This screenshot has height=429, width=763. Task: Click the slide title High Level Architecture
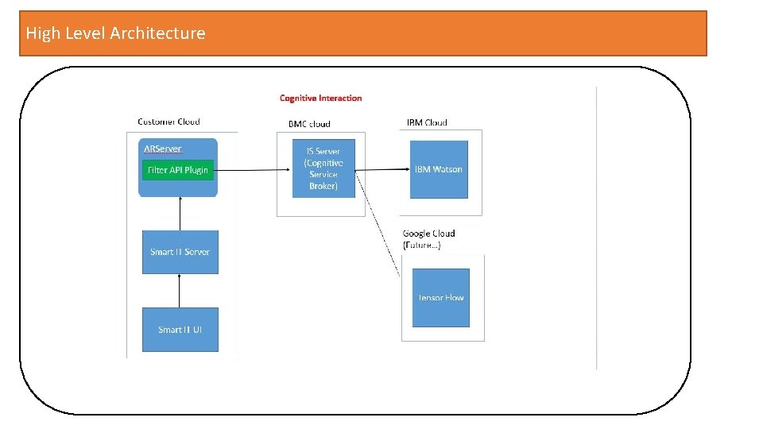tap(115, 33)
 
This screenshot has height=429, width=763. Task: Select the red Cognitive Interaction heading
tap(320, 99)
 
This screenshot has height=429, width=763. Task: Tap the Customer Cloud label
tap(168, 122)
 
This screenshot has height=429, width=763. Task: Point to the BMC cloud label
tap(309, 124)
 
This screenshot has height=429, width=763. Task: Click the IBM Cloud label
tap(427, 122)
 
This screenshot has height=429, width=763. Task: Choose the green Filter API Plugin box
tap(178, 170)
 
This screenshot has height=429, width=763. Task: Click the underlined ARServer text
tap(162, 149)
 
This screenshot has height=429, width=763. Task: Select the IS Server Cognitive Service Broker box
tap(323, 168)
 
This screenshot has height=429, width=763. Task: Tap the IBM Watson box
tap(439, 169)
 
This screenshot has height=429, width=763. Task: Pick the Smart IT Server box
tap(180, 252)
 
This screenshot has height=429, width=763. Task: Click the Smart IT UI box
tap(180, 329)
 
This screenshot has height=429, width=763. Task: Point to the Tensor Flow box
tap(441, 298)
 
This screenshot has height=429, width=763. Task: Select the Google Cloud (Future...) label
tap(428, 239)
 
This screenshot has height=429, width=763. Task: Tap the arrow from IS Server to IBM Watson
tap(382, 169)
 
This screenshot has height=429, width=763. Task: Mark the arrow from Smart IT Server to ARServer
tap(180, 214)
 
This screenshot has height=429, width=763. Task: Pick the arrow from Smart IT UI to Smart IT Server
tap(180, 291)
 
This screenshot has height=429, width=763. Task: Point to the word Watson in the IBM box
tap(447, 169)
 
